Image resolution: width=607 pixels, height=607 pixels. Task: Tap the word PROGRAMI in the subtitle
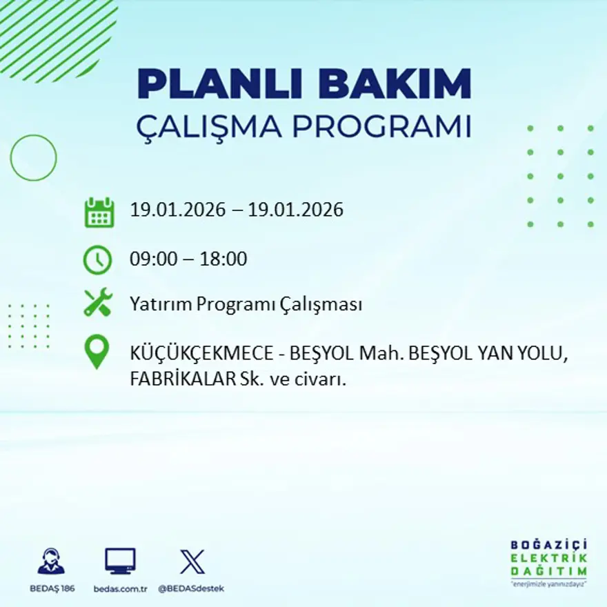381,127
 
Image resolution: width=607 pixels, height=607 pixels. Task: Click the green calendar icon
99,212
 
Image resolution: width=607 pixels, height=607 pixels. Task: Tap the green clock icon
97,259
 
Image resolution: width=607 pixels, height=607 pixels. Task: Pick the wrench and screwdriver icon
97,303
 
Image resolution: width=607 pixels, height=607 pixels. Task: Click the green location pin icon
97,351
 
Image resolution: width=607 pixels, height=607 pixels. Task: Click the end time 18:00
223,260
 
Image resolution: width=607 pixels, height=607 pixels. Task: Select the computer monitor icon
120,561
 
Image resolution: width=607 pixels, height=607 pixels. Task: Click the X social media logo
192,561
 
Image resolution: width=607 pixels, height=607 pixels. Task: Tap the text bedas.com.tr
121,588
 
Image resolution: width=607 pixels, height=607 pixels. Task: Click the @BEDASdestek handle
191,588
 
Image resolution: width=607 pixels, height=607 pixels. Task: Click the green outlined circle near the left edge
33,158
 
